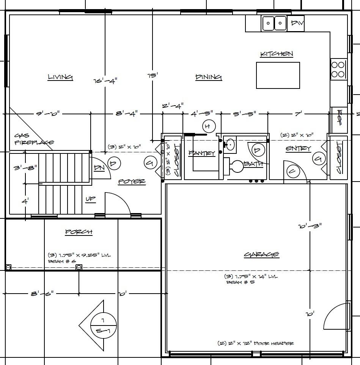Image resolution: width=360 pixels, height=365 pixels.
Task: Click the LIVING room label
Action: pos(60,77)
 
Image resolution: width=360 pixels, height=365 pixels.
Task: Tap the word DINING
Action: pos(208,77)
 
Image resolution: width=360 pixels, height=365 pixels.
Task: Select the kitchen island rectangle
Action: pos(278,75)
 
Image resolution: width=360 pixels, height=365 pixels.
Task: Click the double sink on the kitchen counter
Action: pos(274,24)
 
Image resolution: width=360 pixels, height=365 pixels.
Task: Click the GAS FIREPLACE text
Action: pos(34,139)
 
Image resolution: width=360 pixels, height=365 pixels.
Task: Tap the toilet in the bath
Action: pos(235,166)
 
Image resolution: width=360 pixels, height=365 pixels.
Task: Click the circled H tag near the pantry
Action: pos(208,126)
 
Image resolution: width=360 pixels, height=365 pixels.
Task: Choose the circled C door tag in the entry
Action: pos(292,171)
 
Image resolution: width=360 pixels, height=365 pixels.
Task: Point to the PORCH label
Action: pos(79,232)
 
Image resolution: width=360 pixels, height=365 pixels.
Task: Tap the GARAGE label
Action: pos(261,254)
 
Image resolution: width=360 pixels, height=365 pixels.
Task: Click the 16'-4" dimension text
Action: pos(105,81)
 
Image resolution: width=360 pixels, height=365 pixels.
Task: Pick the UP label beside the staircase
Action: pos(90,199)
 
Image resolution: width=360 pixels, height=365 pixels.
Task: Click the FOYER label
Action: pos(132,182)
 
